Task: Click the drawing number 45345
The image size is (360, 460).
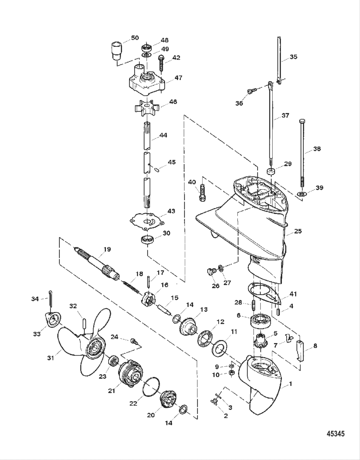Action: pyautogui.click(x=335, y=434)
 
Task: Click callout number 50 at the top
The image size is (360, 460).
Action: pyautogui.click(x=135, y=38)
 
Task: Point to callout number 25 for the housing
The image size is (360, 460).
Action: pyautogui.click(x=298, y=231)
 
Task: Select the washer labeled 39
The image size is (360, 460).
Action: pyautogui.click(x=301, y=194)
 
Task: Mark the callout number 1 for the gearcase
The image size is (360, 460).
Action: pyautogui.click(x=290, y=384)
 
